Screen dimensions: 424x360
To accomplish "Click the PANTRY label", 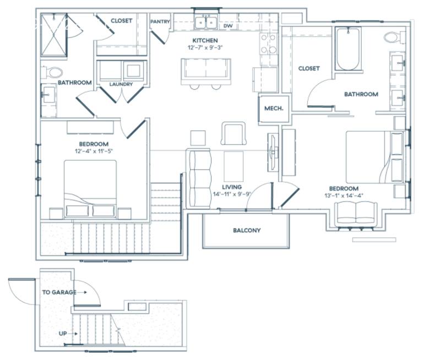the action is tap(160, 21).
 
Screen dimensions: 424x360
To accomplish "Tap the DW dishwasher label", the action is tap(228, 26).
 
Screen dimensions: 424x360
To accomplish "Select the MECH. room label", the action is tap(274, 108).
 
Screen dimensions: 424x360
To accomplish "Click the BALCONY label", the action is tap(247, 230).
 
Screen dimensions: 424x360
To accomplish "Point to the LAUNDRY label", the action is tap(121, 84).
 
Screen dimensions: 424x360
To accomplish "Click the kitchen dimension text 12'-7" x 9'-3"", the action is tap(205, 47).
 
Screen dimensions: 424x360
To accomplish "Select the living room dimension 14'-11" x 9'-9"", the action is tap(232, 194).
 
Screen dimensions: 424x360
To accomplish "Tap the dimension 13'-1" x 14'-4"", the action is tap(344, 195).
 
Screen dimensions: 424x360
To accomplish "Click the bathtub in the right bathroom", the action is tap(348, 49).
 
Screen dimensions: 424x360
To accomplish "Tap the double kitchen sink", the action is tap(206, 23).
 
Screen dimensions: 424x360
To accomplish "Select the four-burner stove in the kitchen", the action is tap(268, 43).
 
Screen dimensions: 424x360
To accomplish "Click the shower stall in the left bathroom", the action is tap(54, 35).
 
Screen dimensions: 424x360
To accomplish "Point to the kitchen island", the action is tap(206, 72).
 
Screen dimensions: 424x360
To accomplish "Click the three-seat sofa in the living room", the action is tap(199, 178).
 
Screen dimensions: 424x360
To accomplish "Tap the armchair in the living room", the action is tap(233, 134).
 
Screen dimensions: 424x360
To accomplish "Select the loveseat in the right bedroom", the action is tap(356, 214).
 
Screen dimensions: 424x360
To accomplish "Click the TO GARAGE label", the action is tap(59, 292).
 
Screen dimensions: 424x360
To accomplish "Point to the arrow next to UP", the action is tap(73, 334).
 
